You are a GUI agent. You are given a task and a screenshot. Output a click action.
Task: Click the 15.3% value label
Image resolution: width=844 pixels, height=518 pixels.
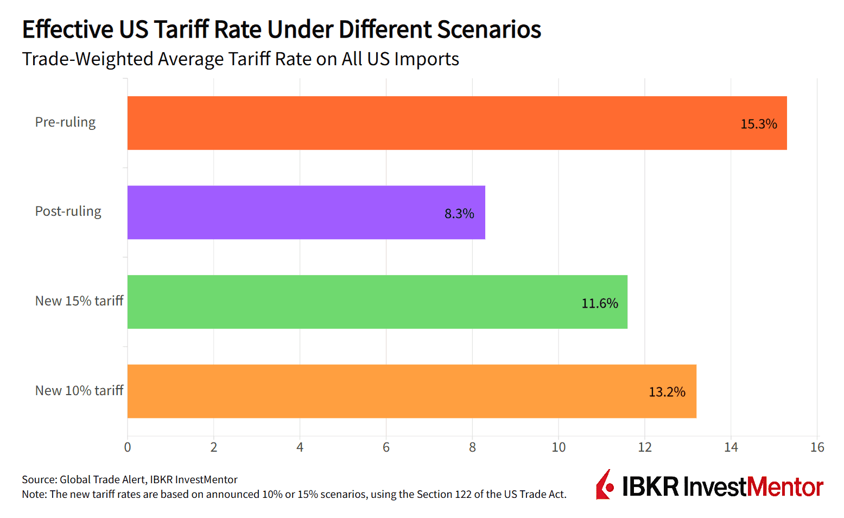pyautogui.click(x=758, y=124)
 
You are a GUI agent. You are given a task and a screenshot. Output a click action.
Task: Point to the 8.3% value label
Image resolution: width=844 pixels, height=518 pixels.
pyautogui.click(x=459, y=214)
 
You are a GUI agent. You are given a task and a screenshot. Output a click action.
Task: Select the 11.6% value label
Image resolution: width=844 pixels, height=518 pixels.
pyautogui.click(x=599, y=303)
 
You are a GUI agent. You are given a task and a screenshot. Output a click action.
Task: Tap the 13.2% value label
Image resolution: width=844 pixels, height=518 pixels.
pyautogui.click(x=667, y=392)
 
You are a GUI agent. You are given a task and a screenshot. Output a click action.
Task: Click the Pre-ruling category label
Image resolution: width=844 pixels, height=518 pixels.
pyautogui.click(x=65, y=122)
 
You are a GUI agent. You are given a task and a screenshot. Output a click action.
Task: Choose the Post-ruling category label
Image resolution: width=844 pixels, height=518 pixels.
pyautogui.click(x=68, y=211)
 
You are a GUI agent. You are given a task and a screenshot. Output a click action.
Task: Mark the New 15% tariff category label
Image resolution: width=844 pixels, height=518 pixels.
pyautogui.click(x=79, y=301)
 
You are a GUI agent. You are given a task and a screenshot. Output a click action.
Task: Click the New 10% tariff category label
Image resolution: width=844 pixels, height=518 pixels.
pyautogui.click(x=79, y=391)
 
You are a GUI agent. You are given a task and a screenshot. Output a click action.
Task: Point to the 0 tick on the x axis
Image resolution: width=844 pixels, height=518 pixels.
pyautogui.click(x=128, y=447)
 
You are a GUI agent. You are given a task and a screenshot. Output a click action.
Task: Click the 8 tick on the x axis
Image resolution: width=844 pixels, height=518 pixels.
pyautogui.click(x=472, y=447)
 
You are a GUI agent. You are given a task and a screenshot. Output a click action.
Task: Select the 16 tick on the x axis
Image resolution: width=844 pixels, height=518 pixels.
pyautogui.click(x=817, y=447)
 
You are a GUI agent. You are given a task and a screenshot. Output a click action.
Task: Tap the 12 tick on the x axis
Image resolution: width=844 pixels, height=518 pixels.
pyautogui.click(x=645, y=447)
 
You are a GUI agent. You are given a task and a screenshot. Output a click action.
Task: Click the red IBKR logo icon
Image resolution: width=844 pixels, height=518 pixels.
pyautogui.click(x=605, y=485)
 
